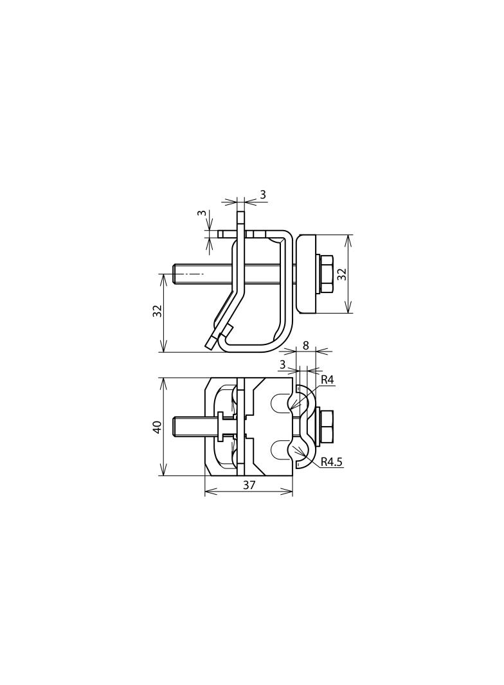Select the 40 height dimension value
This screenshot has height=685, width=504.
coord(157,427)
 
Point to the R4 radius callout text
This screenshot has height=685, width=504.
coord(327,380)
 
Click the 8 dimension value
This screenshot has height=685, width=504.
coord(305,346)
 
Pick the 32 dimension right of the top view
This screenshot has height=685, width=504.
coord(342,274)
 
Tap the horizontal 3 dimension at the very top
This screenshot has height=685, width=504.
coord(263,195)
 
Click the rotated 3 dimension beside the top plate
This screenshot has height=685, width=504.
coord(201,213)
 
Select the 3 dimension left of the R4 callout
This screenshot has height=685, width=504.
coord(282,364)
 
